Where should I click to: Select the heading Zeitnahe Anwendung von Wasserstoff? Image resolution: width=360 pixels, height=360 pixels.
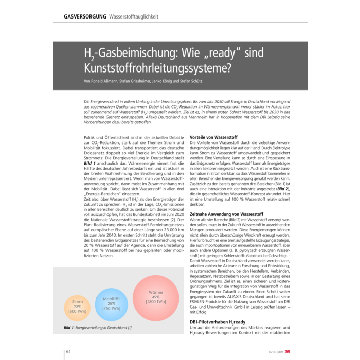pos(227,213)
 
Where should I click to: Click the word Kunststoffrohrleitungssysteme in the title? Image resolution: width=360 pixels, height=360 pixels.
pos(157,67)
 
